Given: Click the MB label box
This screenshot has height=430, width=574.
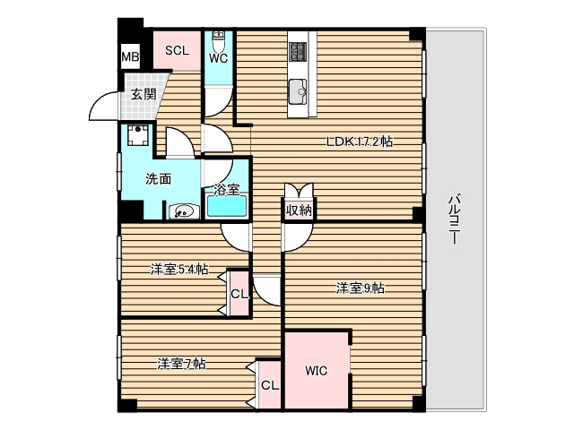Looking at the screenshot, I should pos(130,59).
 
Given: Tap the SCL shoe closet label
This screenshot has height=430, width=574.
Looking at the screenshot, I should pos(176,51).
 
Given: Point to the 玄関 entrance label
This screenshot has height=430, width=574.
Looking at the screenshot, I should pos(142,95).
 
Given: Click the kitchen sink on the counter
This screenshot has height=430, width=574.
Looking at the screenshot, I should pos(299,89).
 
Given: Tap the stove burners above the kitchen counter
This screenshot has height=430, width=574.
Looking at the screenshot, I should pos(299,49).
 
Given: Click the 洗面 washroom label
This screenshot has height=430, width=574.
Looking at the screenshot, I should pos(160,177).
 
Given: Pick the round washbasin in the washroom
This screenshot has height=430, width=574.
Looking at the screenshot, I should pos(183,211).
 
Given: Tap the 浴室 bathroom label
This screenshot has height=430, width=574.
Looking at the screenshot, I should pos(226,189).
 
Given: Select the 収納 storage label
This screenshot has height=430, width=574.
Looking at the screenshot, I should pos(299,211).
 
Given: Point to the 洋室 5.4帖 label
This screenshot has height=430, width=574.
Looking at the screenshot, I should pos(179,269).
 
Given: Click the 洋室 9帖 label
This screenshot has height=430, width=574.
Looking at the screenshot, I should pos(361,288).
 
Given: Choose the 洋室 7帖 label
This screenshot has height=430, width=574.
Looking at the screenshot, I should pos(182,364).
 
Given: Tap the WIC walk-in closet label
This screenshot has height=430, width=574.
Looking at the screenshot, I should pos(316,370).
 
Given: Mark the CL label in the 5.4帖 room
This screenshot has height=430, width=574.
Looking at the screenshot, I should pos(238,294).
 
